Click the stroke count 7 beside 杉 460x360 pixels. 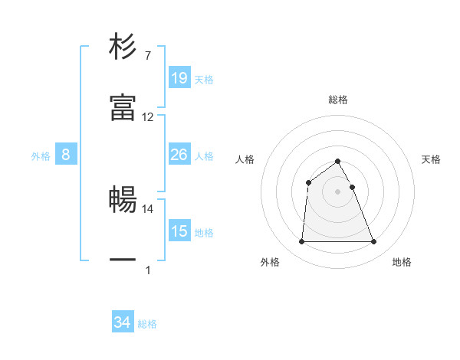pos(147,56)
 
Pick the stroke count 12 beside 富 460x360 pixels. pos(148,117)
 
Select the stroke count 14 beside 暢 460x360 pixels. pos(148,208)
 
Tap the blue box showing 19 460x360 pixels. pos(179,78)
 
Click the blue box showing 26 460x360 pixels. pos(179,155)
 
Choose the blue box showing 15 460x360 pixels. pos(179,231)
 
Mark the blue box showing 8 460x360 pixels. pos(66,155)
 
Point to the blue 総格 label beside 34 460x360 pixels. pos(147,324)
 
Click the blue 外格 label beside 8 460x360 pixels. pos(41,155)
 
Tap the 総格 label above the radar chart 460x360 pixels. pos(338,100)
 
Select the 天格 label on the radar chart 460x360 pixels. pos(432,159)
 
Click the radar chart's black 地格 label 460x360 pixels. pos(402,263)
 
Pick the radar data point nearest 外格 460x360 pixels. pos(301,242)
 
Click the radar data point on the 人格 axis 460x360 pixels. pos(308,182)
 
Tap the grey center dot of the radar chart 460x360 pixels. pos(338,191)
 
